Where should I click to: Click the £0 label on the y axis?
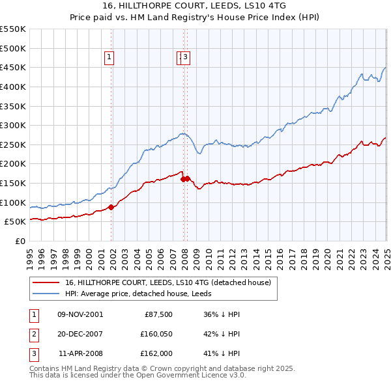coord(20,241)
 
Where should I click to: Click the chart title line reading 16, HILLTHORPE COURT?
coord(195,5)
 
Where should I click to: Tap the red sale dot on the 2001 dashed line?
coord(111,207)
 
